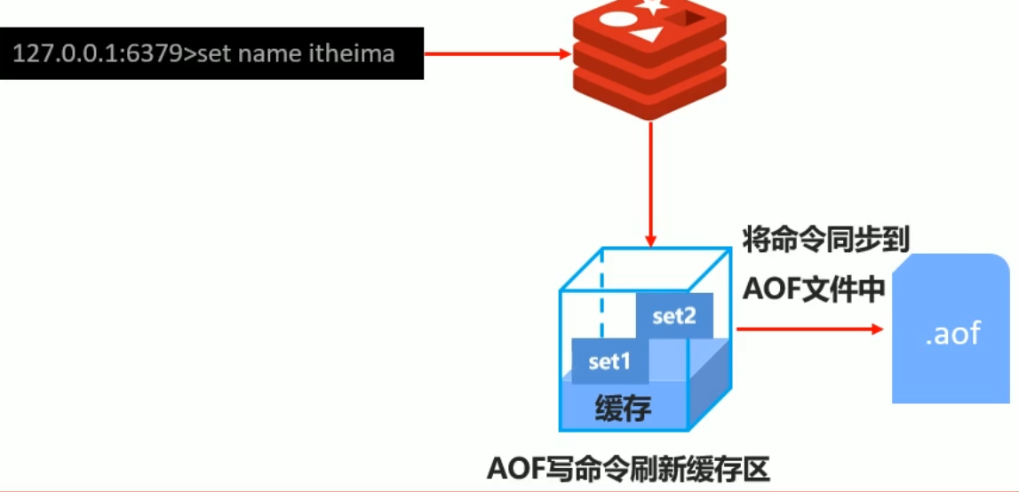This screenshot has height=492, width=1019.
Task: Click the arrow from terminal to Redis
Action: (498, 54)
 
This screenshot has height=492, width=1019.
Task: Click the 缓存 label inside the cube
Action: (623, 409)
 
